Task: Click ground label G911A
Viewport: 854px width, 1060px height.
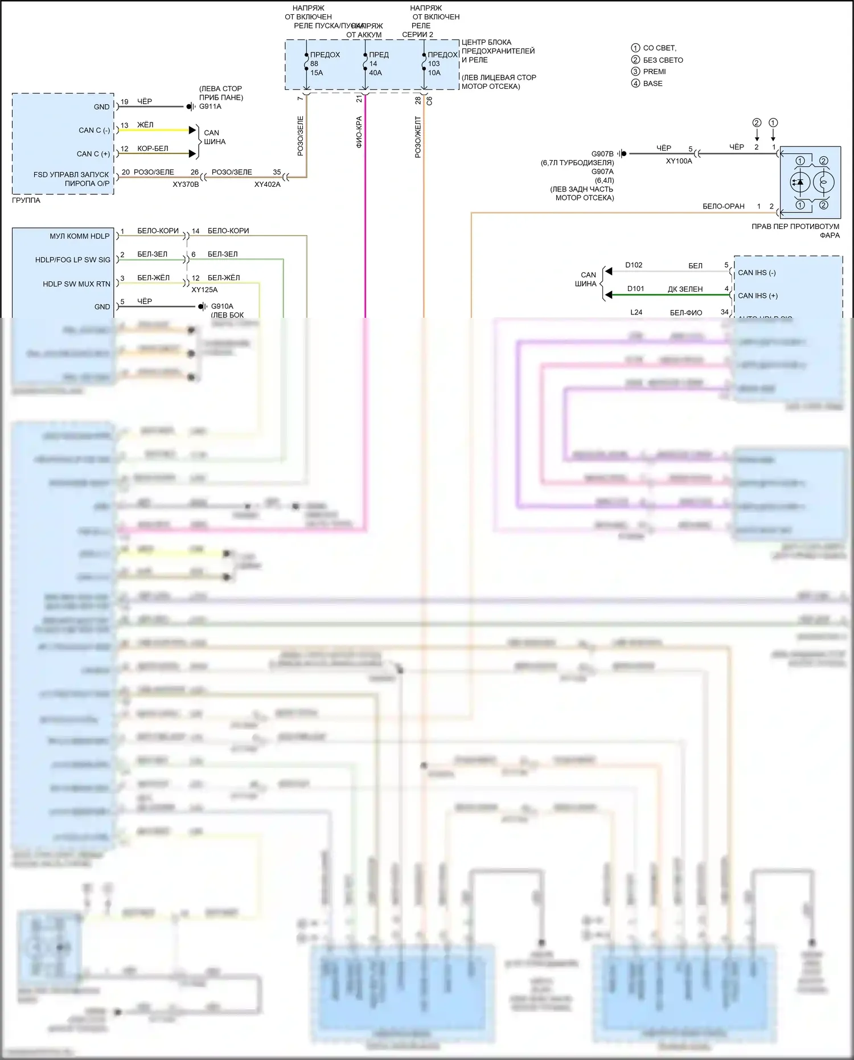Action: point(210,107)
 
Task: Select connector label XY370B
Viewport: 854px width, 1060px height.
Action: point(186,185)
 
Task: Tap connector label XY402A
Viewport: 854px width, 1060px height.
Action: point(267,185)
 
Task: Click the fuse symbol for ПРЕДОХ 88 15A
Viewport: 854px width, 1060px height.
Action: point(307,63)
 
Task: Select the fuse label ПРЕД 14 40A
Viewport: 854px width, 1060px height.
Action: point(378,63)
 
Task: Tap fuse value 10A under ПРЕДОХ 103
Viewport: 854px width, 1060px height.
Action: point(434,73)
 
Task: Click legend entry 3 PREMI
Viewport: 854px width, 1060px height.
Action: point(654,72)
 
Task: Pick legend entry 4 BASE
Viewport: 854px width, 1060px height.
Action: point(652,84)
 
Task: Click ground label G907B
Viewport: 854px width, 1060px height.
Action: point(602,154)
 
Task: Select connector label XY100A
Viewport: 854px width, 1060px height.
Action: point(679,161)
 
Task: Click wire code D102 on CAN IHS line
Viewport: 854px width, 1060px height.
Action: point(634,265)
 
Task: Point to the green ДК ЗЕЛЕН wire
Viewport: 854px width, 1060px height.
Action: point(666,295)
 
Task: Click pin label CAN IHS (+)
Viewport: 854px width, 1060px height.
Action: point(757,296)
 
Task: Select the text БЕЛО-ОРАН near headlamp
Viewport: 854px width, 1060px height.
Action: point(723,206)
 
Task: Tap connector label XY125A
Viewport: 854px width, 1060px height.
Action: point(204,289)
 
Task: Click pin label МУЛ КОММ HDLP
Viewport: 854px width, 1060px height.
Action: point(79,236)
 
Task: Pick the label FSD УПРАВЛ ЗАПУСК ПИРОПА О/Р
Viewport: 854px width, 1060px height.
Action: point(71,179)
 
